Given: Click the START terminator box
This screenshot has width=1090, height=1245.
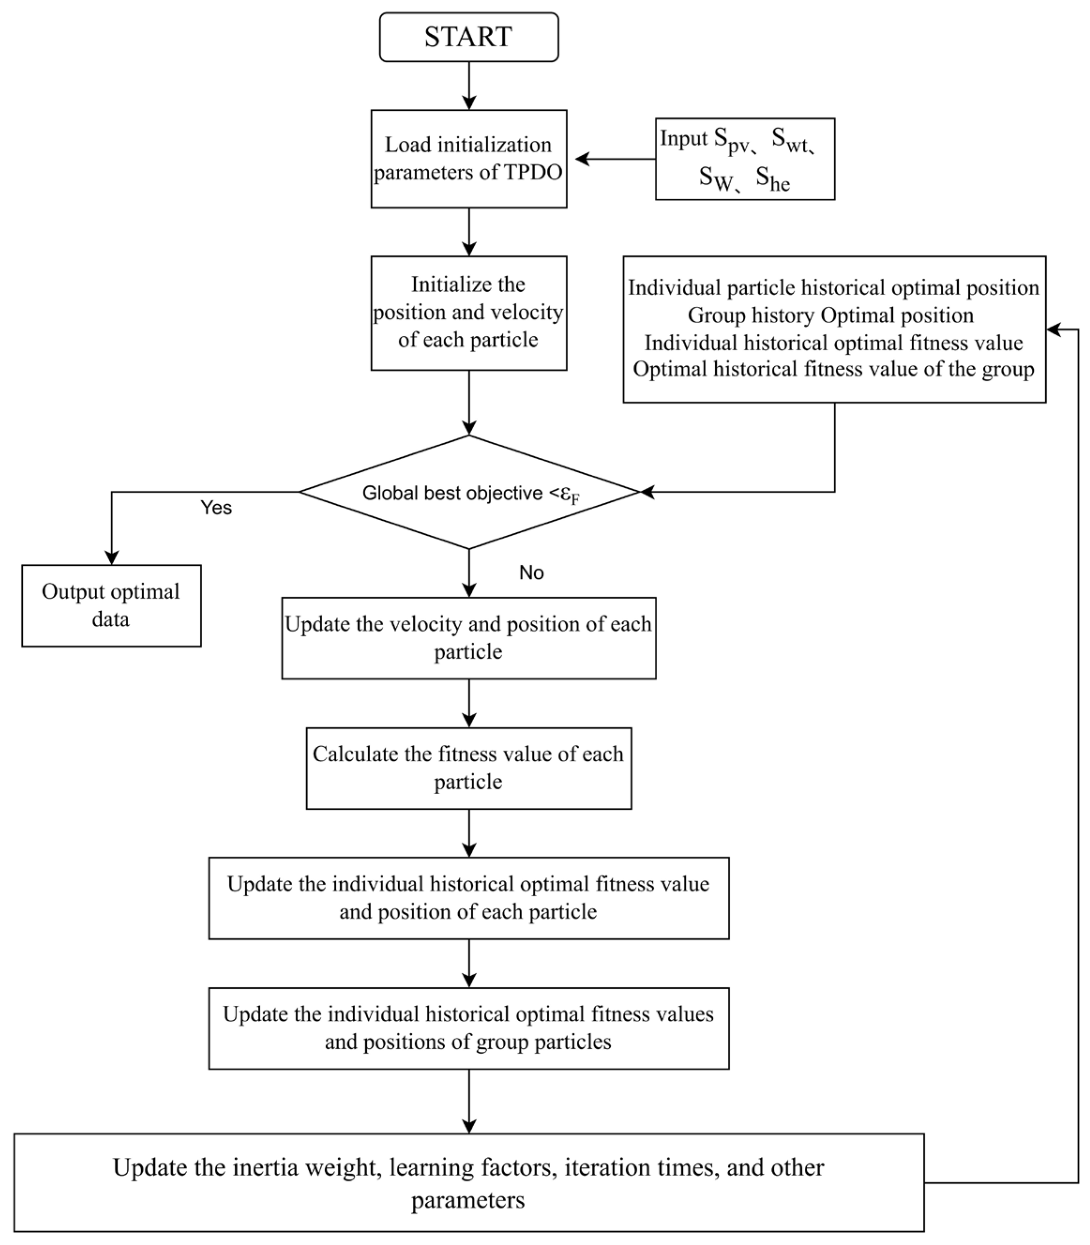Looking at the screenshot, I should pyautogui.click(x=469, y=37).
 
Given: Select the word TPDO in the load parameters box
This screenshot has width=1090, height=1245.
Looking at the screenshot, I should pyautogui.click(x=533, y=173).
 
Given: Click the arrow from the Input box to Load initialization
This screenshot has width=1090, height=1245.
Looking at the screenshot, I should pyautogui.click(x=614, y=159).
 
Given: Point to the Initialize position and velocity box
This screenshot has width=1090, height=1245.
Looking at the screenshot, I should pyautogui.click(x=469, y=312).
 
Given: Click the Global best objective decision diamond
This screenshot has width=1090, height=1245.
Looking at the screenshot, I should pyautogui.click(x=469, y=492).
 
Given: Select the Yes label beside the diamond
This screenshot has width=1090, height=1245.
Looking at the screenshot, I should pyautogui.click(x=216, y=508).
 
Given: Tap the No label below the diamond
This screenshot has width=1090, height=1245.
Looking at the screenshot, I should pyautogui.click(x=531, y=573).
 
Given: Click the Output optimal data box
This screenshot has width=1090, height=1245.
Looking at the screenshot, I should pyautogui.click(x=111, y=605).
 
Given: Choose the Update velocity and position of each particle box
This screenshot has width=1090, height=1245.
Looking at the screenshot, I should pyautogui.click(x=469, y=638).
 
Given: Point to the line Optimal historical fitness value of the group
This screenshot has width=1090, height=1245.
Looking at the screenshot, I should pyautogui.click(x=833, y=369).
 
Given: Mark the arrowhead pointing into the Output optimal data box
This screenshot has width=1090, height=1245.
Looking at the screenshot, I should pyautogui.click(x=111, y=557).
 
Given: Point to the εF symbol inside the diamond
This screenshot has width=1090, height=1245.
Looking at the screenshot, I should pyautogui.click(x=569, y=496).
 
